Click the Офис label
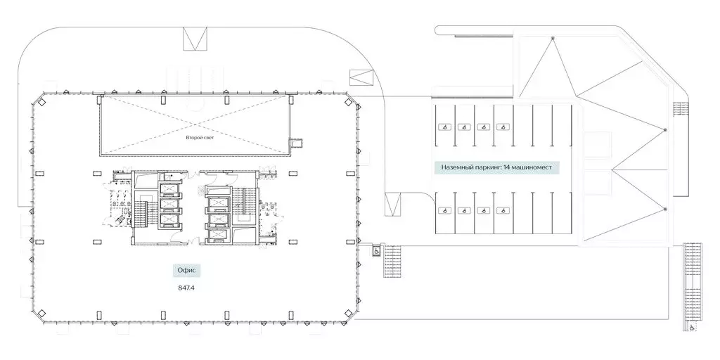tap(187, 271)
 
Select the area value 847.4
tap(187, 288)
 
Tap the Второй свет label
tap(200, 138)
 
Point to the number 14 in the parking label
tap(508, 167)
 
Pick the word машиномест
tap(533, 167)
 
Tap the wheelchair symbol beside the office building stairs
tap(375, 251)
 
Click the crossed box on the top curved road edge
tap(195, 39)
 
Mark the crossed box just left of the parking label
tap(392, 204)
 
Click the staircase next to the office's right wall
tap(392, 262)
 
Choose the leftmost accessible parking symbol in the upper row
tap(444, 127)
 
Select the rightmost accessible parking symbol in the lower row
tap(503, 210)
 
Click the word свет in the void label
tap(209, 138)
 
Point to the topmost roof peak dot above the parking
tap(553, 38)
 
